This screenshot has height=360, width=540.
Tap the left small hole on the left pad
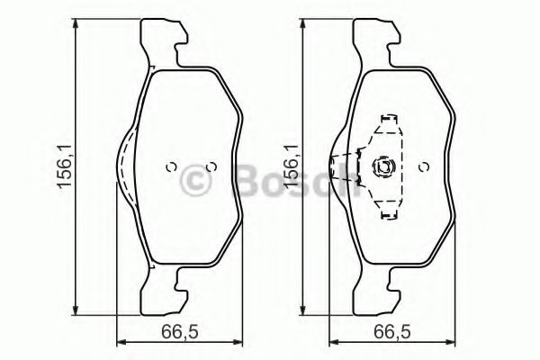[x=170, y=166]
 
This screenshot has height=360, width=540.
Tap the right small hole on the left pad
[x=211, y=166]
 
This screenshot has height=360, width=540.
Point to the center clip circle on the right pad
[x=381, y=166]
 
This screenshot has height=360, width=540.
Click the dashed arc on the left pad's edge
[x=122, y=162]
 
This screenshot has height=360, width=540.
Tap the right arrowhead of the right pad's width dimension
[x=453, y=341]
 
